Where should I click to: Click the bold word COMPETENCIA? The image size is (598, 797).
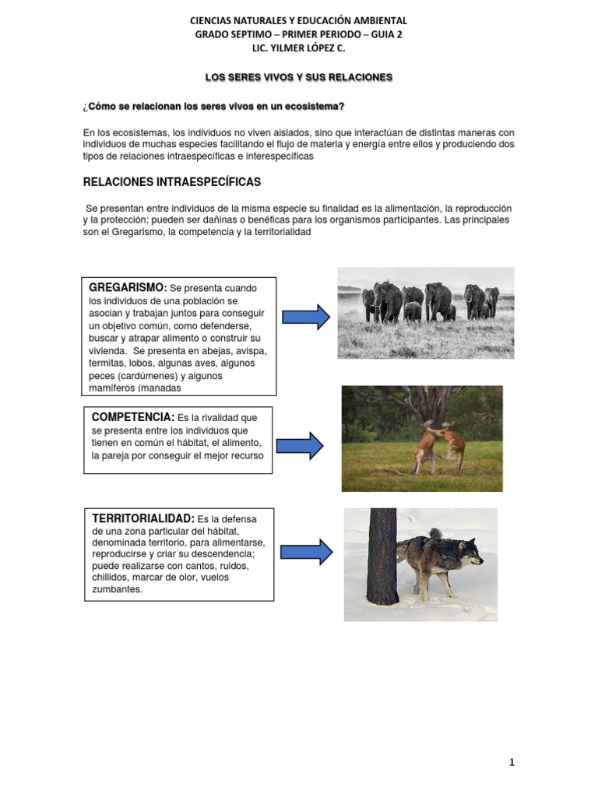[132, 418]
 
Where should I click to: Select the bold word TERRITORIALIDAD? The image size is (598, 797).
[143, 518]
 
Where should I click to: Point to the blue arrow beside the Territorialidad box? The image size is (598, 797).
[305, 552]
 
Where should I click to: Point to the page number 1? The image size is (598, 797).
[512, 762]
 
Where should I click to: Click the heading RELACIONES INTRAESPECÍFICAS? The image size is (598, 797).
[172, 182]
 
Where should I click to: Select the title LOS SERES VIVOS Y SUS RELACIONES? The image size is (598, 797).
[299, 77]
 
